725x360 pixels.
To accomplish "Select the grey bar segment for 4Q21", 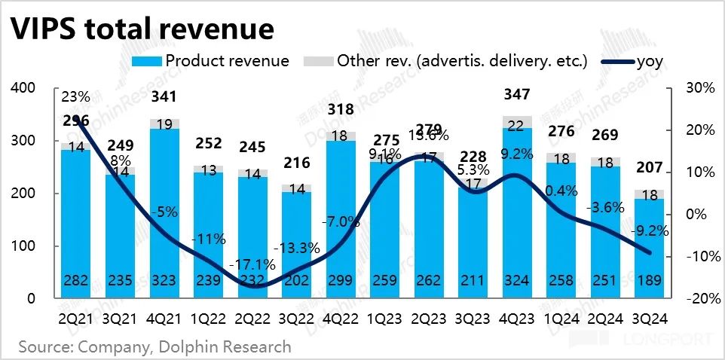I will point(164,124).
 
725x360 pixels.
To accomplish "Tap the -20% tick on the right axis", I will point(699,299).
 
